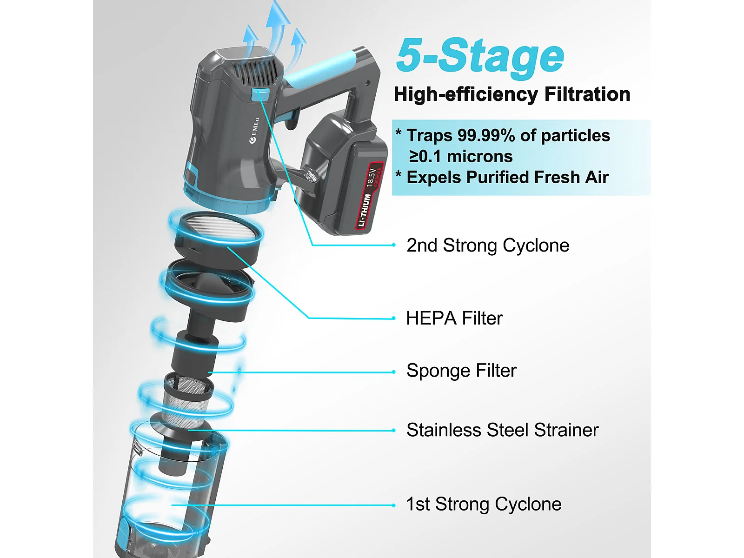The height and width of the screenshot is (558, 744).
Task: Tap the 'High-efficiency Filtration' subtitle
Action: click(512, 94)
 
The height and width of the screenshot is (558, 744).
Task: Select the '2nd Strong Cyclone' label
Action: click(488, 246)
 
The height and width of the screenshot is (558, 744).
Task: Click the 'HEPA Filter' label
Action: click(454, 319)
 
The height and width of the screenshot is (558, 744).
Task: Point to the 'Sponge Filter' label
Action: click(461, 371)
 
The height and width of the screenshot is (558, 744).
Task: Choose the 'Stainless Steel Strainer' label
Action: click(502, 430)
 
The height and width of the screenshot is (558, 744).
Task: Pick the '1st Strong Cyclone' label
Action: click(484, 505)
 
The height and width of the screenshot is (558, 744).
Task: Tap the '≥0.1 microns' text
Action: click(460, 157)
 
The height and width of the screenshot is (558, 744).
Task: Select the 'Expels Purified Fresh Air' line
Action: click(507, 178)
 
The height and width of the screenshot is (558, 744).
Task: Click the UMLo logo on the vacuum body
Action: click(254, 131)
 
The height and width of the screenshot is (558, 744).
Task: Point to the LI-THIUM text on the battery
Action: click(365, 210)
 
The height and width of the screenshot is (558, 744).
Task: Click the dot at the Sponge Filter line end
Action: click(393, 372)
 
